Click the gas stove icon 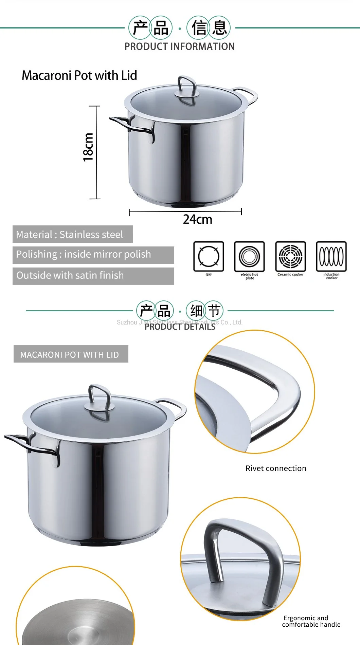point(209,256)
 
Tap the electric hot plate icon point(249,256)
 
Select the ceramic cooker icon point(290,256)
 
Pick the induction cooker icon point(331,256)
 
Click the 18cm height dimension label point(88,147)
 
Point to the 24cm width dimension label point(198,220)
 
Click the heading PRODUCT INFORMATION point(179,47)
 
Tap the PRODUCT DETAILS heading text point(180,327)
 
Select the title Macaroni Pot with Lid point(79,75)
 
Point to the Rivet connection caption point(276,468)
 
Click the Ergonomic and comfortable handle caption point(311,621)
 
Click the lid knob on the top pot point(187,88)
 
